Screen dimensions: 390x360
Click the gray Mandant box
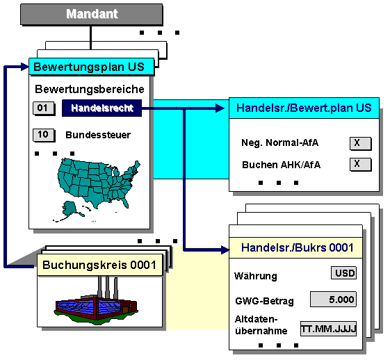point(92,14)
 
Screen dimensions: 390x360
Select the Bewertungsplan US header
point(91,67)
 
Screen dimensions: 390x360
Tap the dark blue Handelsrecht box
point(101,108)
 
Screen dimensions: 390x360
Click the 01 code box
point(44,108)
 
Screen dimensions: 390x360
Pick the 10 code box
point(44,135)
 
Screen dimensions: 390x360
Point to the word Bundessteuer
point(98,135)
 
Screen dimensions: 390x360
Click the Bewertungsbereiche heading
point(90,89)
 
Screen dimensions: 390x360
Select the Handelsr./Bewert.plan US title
point(304,108)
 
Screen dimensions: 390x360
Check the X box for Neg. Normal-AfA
point(360,143)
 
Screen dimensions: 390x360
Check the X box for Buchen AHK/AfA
point(360,164)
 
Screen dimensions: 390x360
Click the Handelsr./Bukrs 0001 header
point(296,247)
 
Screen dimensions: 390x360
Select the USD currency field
point(343,273)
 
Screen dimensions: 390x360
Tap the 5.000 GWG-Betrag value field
point(333,300)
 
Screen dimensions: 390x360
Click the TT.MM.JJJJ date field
point(328,329)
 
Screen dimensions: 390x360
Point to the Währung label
point(256,276)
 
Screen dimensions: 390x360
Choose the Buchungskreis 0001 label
point(99,265)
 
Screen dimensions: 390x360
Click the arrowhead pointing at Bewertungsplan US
point(25,67)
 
